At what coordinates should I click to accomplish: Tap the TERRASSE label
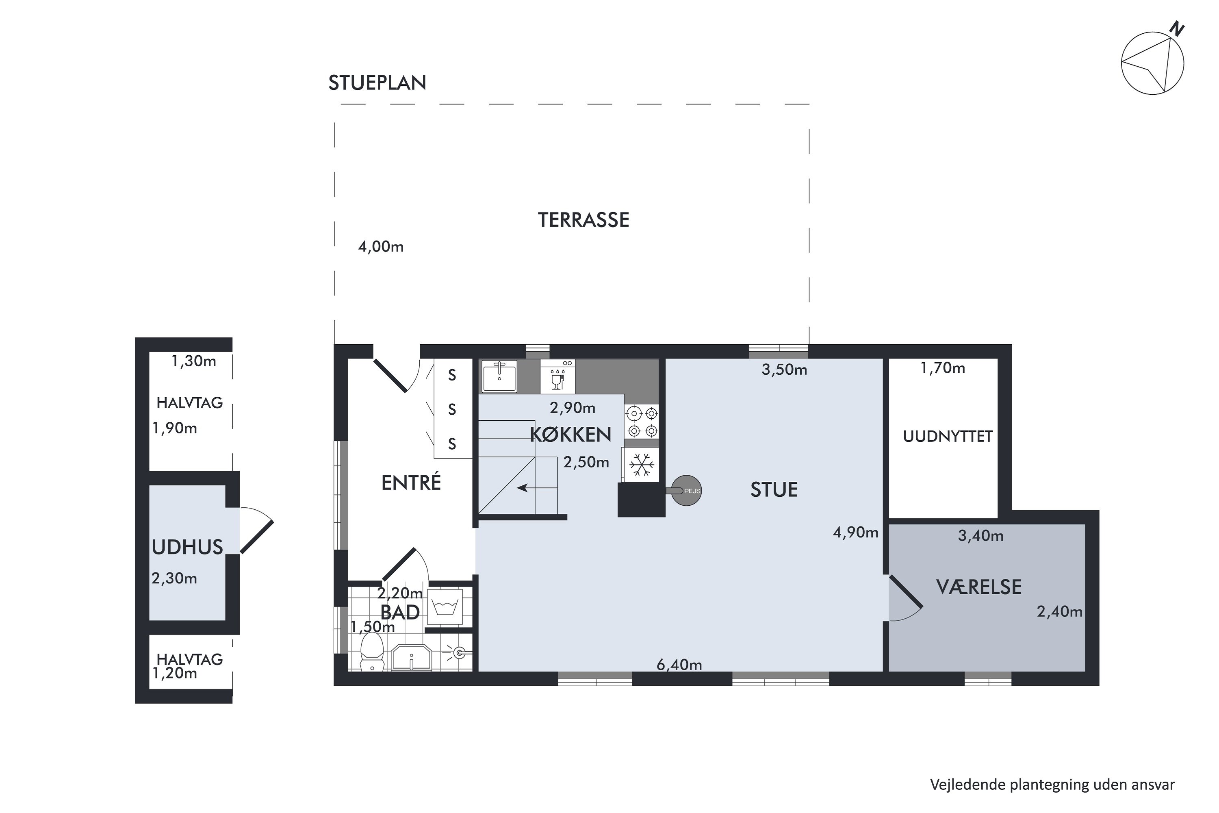pos(583,220)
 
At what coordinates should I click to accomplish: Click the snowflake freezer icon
pos(642,465)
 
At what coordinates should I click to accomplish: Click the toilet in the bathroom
pos(372,654)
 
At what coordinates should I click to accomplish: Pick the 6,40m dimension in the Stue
pos(679,665)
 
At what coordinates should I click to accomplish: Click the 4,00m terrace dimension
pos(380,247)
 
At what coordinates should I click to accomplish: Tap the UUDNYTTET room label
pos(948,437)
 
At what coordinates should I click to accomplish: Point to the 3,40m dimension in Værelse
pos(980,536)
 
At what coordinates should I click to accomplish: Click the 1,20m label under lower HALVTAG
pos(175,674)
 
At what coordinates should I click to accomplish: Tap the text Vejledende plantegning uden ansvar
pos(1052,785)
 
